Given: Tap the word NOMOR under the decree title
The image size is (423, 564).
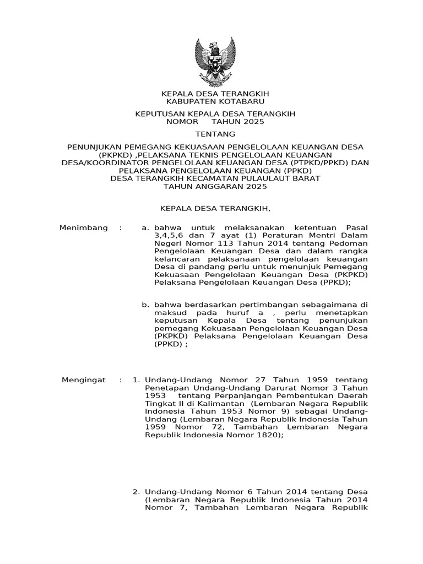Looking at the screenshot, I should click(181, 122).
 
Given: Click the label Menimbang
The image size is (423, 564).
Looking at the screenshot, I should click(83, 227).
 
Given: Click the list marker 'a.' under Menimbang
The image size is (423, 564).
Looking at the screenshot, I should click(145, 227).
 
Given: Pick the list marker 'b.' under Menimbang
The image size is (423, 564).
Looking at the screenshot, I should click(145, 304).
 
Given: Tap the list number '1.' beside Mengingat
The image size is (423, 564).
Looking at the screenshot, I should click(137, 380).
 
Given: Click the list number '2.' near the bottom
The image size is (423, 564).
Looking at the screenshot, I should click(137, 491).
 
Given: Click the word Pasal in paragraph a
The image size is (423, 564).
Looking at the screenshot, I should click(356, 227).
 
